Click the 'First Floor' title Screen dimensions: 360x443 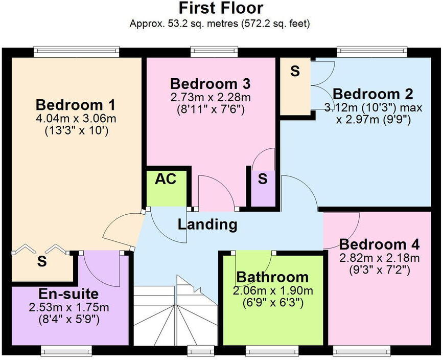(x=221, y=8)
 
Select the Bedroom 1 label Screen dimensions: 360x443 (x=75, y=105)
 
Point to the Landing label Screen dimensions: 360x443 (x=207, y=224)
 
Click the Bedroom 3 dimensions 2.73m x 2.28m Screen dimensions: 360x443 (x=210, y=97)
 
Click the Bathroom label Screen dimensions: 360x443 (x=272, y=277)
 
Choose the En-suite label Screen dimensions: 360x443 (x=68, y=295)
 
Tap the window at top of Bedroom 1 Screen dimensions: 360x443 (x=77, y=51)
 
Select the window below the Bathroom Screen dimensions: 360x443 (x=271, y=350)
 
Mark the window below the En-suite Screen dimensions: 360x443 (x=66, y=350)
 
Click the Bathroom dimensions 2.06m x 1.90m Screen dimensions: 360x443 (x=272, y=291)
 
